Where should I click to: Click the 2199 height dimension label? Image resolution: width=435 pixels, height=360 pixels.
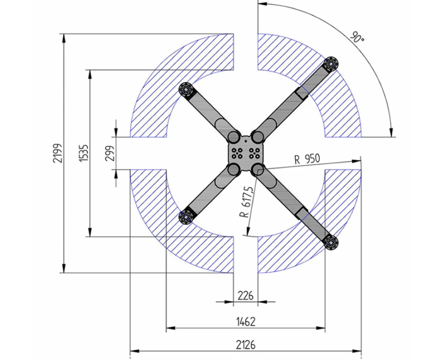[58, 153]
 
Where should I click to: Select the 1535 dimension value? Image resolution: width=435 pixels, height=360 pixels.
[83, 153]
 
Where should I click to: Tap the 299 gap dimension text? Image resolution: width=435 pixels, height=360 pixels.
[110, 153]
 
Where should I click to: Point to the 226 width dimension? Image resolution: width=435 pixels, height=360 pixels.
[245, 295]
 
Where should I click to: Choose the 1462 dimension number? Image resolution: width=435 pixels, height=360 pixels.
[245, 321]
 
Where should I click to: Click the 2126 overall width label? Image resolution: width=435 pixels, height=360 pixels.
[246, 345]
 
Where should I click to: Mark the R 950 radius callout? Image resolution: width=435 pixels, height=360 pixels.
[307, 159]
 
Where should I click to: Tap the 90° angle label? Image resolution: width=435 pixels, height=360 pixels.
[357, 37]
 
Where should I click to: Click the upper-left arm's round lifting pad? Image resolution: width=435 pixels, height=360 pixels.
[186, 90]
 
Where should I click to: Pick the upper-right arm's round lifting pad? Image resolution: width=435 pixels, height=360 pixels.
[331, 63]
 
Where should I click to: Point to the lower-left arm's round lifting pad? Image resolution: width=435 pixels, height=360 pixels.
[186, 217]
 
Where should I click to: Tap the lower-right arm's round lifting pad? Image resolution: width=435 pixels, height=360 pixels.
[331, 243]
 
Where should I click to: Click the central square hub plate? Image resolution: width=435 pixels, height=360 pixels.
[246, 153]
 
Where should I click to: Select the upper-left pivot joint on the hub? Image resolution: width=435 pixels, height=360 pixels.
[234, 137]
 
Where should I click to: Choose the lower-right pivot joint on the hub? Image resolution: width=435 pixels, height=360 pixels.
[258, 169]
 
